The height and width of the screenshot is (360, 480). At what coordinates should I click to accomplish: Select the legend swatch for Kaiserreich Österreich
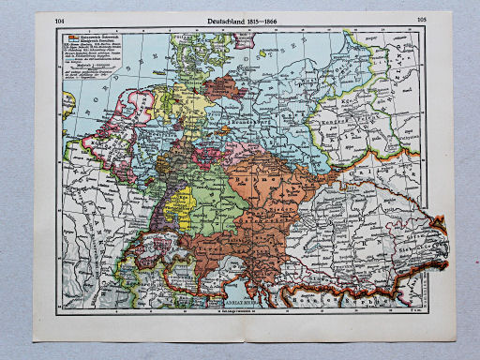(71, 33)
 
